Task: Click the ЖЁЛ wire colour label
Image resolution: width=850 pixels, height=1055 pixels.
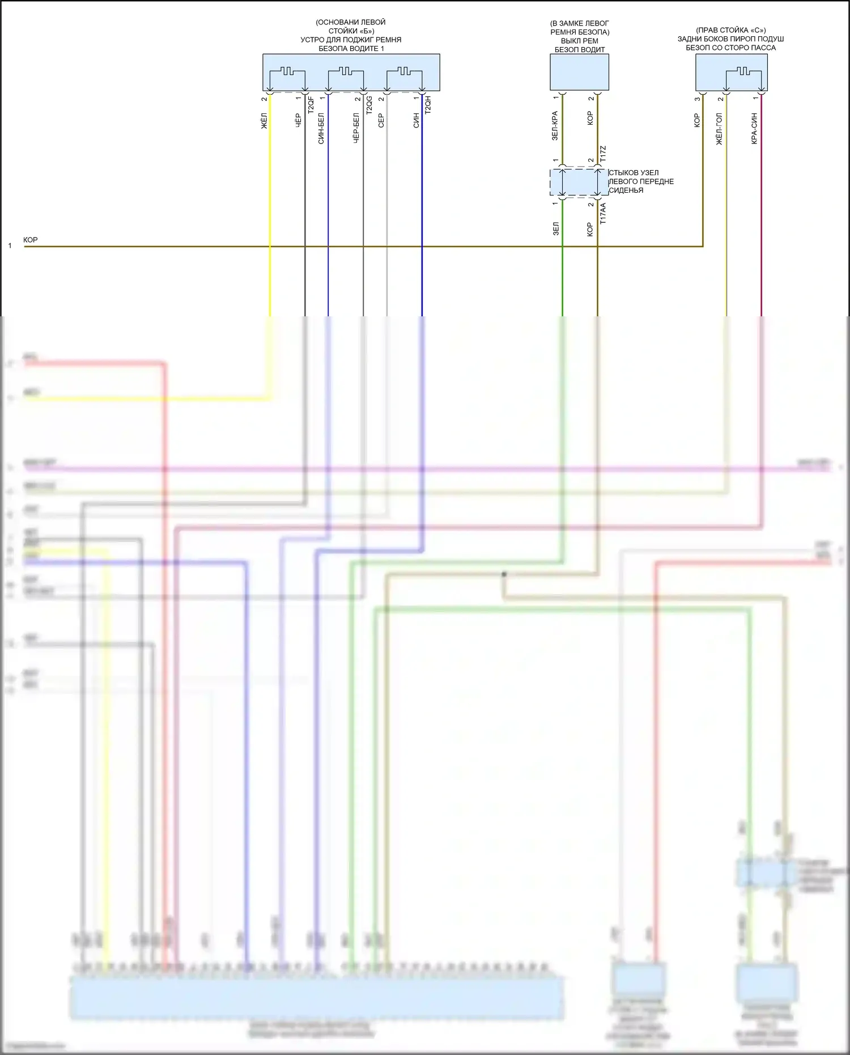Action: (x=264, y=121)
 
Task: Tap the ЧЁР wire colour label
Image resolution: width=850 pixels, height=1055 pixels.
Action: (x=299, y=120)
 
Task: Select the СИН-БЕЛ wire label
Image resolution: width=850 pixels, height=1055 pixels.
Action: (x=321, y=128)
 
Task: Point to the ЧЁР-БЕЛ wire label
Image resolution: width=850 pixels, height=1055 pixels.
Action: (x=356, y=128)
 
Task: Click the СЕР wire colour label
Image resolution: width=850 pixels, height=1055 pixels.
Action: (x=381, y=120)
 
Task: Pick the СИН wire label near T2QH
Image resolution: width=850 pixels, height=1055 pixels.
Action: (x=416, y=120)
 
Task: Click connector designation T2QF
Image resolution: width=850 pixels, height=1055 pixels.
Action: (x=311, y=105)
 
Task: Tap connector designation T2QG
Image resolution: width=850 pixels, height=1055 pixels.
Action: (x=369, y=105)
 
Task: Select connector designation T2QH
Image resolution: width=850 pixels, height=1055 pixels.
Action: (x=428, y=105)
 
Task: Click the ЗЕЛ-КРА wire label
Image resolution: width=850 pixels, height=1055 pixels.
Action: (x=555, y=126)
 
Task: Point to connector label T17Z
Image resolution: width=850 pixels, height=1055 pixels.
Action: (x=603, y=153)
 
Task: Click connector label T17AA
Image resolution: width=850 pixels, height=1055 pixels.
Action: (x=603, y=213)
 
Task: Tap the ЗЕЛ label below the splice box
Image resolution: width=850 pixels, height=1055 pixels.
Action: (x=556, y=228)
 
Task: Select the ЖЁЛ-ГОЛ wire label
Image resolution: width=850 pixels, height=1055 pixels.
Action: (x=720, y=129)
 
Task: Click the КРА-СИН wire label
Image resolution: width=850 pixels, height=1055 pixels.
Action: (x=754, y=128)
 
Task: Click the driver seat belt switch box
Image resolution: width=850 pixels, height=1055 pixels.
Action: (x=579, y=72)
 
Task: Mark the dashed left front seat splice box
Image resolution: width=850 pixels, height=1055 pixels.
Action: (x=579, y=183)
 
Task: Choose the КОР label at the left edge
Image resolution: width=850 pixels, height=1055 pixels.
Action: (x=31, y=240)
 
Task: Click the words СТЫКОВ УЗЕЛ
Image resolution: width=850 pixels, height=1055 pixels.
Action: (x=634, y=172)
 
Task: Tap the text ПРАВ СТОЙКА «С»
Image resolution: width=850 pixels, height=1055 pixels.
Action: (x=731, y=30)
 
